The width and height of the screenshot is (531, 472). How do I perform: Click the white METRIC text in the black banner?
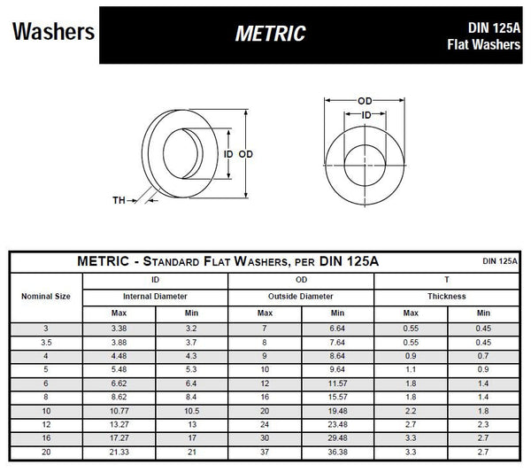click(x=270, y=34)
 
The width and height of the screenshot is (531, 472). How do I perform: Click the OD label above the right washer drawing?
click(x=365, y=102)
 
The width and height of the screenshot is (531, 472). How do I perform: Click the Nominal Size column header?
click(x=44, y=296)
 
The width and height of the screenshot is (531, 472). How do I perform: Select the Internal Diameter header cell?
click(x=155, y=296)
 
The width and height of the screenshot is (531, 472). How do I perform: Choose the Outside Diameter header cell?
click(x=301, y=296)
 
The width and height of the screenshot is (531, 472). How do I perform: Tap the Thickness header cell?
click(x=447, y=296)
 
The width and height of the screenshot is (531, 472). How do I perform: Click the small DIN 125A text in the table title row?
click(x=499, y=261)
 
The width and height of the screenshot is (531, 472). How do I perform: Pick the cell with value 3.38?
click(x=119, y=329)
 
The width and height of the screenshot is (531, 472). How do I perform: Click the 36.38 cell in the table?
click(x=337, y=453)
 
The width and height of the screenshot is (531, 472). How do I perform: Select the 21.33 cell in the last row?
click(x=119, y=453)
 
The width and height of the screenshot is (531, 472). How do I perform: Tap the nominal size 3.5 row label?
click(x=44, y=343)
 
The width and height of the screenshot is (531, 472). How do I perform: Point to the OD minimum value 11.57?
click(x=337, y=384)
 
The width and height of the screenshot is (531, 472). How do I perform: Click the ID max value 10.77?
click(x=119, y=412)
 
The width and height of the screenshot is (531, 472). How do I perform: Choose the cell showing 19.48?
click(x=337, y=412)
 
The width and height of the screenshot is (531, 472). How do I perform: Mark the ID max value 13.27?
click(x=119, y=425)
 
